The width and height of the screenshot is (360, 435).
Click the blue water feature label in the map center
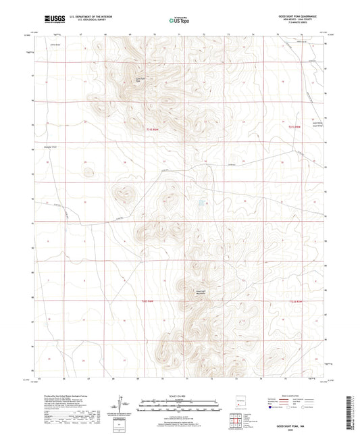[x=201, y=202]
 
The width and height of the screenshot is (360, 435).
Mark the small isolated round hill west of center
[x=88, y=172]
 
